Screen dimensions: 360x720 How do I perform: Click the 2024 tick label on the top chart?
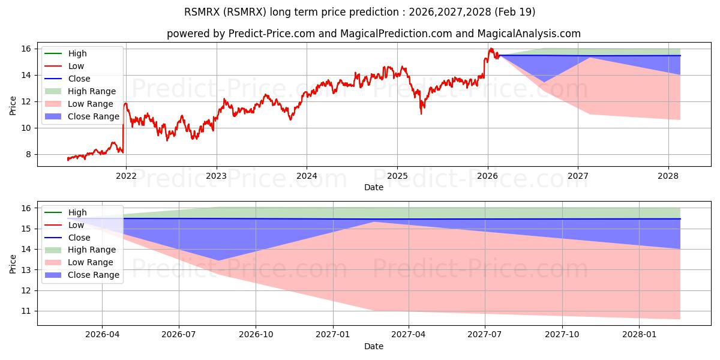coord(307,176)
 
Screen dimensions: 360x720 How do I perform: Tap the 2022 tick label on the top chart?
coord(125,176)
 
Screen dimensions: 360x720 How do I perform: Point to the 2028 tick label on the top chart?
coord(668,176)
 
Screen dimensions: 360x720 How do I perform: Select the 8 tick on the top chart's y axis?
coord(28,154)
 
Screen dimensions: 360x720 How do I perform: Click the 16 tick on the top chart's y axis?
coord(25,49)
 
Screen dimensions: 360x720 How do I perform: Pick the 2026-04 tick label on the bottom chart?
coord(103,335)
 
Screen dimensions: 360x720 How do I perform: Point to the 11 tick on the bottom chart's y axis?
coord(25,311)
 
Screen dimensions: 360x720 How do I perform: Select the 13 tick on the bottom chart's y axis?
coord(25,270)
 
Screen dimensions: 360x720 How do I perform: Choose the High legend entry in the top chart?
coord(77,53)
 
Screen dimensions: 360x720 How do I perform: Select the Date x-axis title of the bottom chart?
coord(373,346)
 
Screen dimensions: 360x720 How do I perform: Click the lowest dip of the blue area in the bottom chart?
coord(218,260)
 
